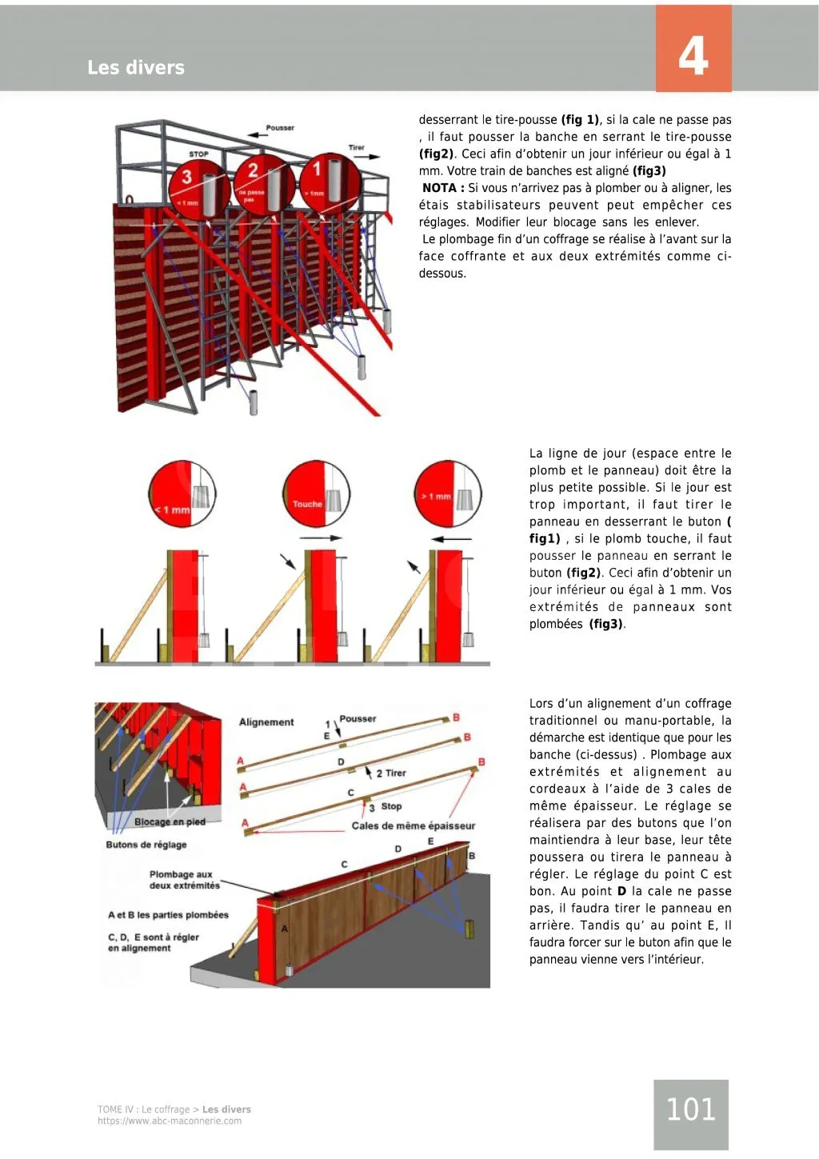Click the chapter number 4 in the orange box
pos(693,56)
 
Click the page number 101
pos(690,1109)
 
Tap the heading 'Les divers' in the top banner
pos(136,68)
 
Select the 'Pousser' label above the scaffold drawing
pos(280,128)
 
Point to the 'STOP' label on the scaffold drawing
pos(198,154)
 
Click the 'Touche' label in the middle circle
pos(307,504)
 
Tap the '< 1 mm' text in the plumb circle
pos(172,510)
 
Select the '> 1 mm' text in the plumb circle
pos(436,497)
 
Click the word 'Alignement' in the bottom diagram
pos(266,722)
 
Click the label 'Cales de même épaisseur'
pos(413,825)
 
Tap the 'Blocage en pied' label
pos(170,822)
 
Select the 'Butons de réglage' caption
pos(146,845)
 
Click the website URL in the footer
pos(170,1121)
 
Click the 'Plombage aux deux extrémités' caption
pos(184,880)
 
